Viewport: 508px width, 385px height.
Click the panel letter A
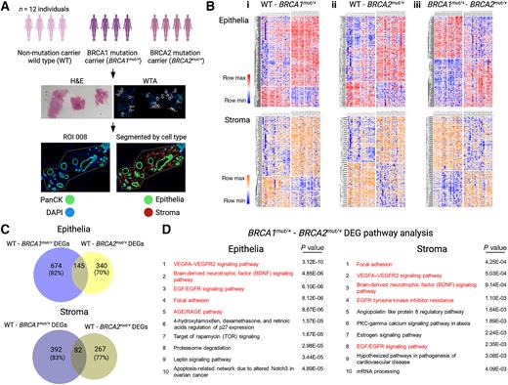tap(6, 7)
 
